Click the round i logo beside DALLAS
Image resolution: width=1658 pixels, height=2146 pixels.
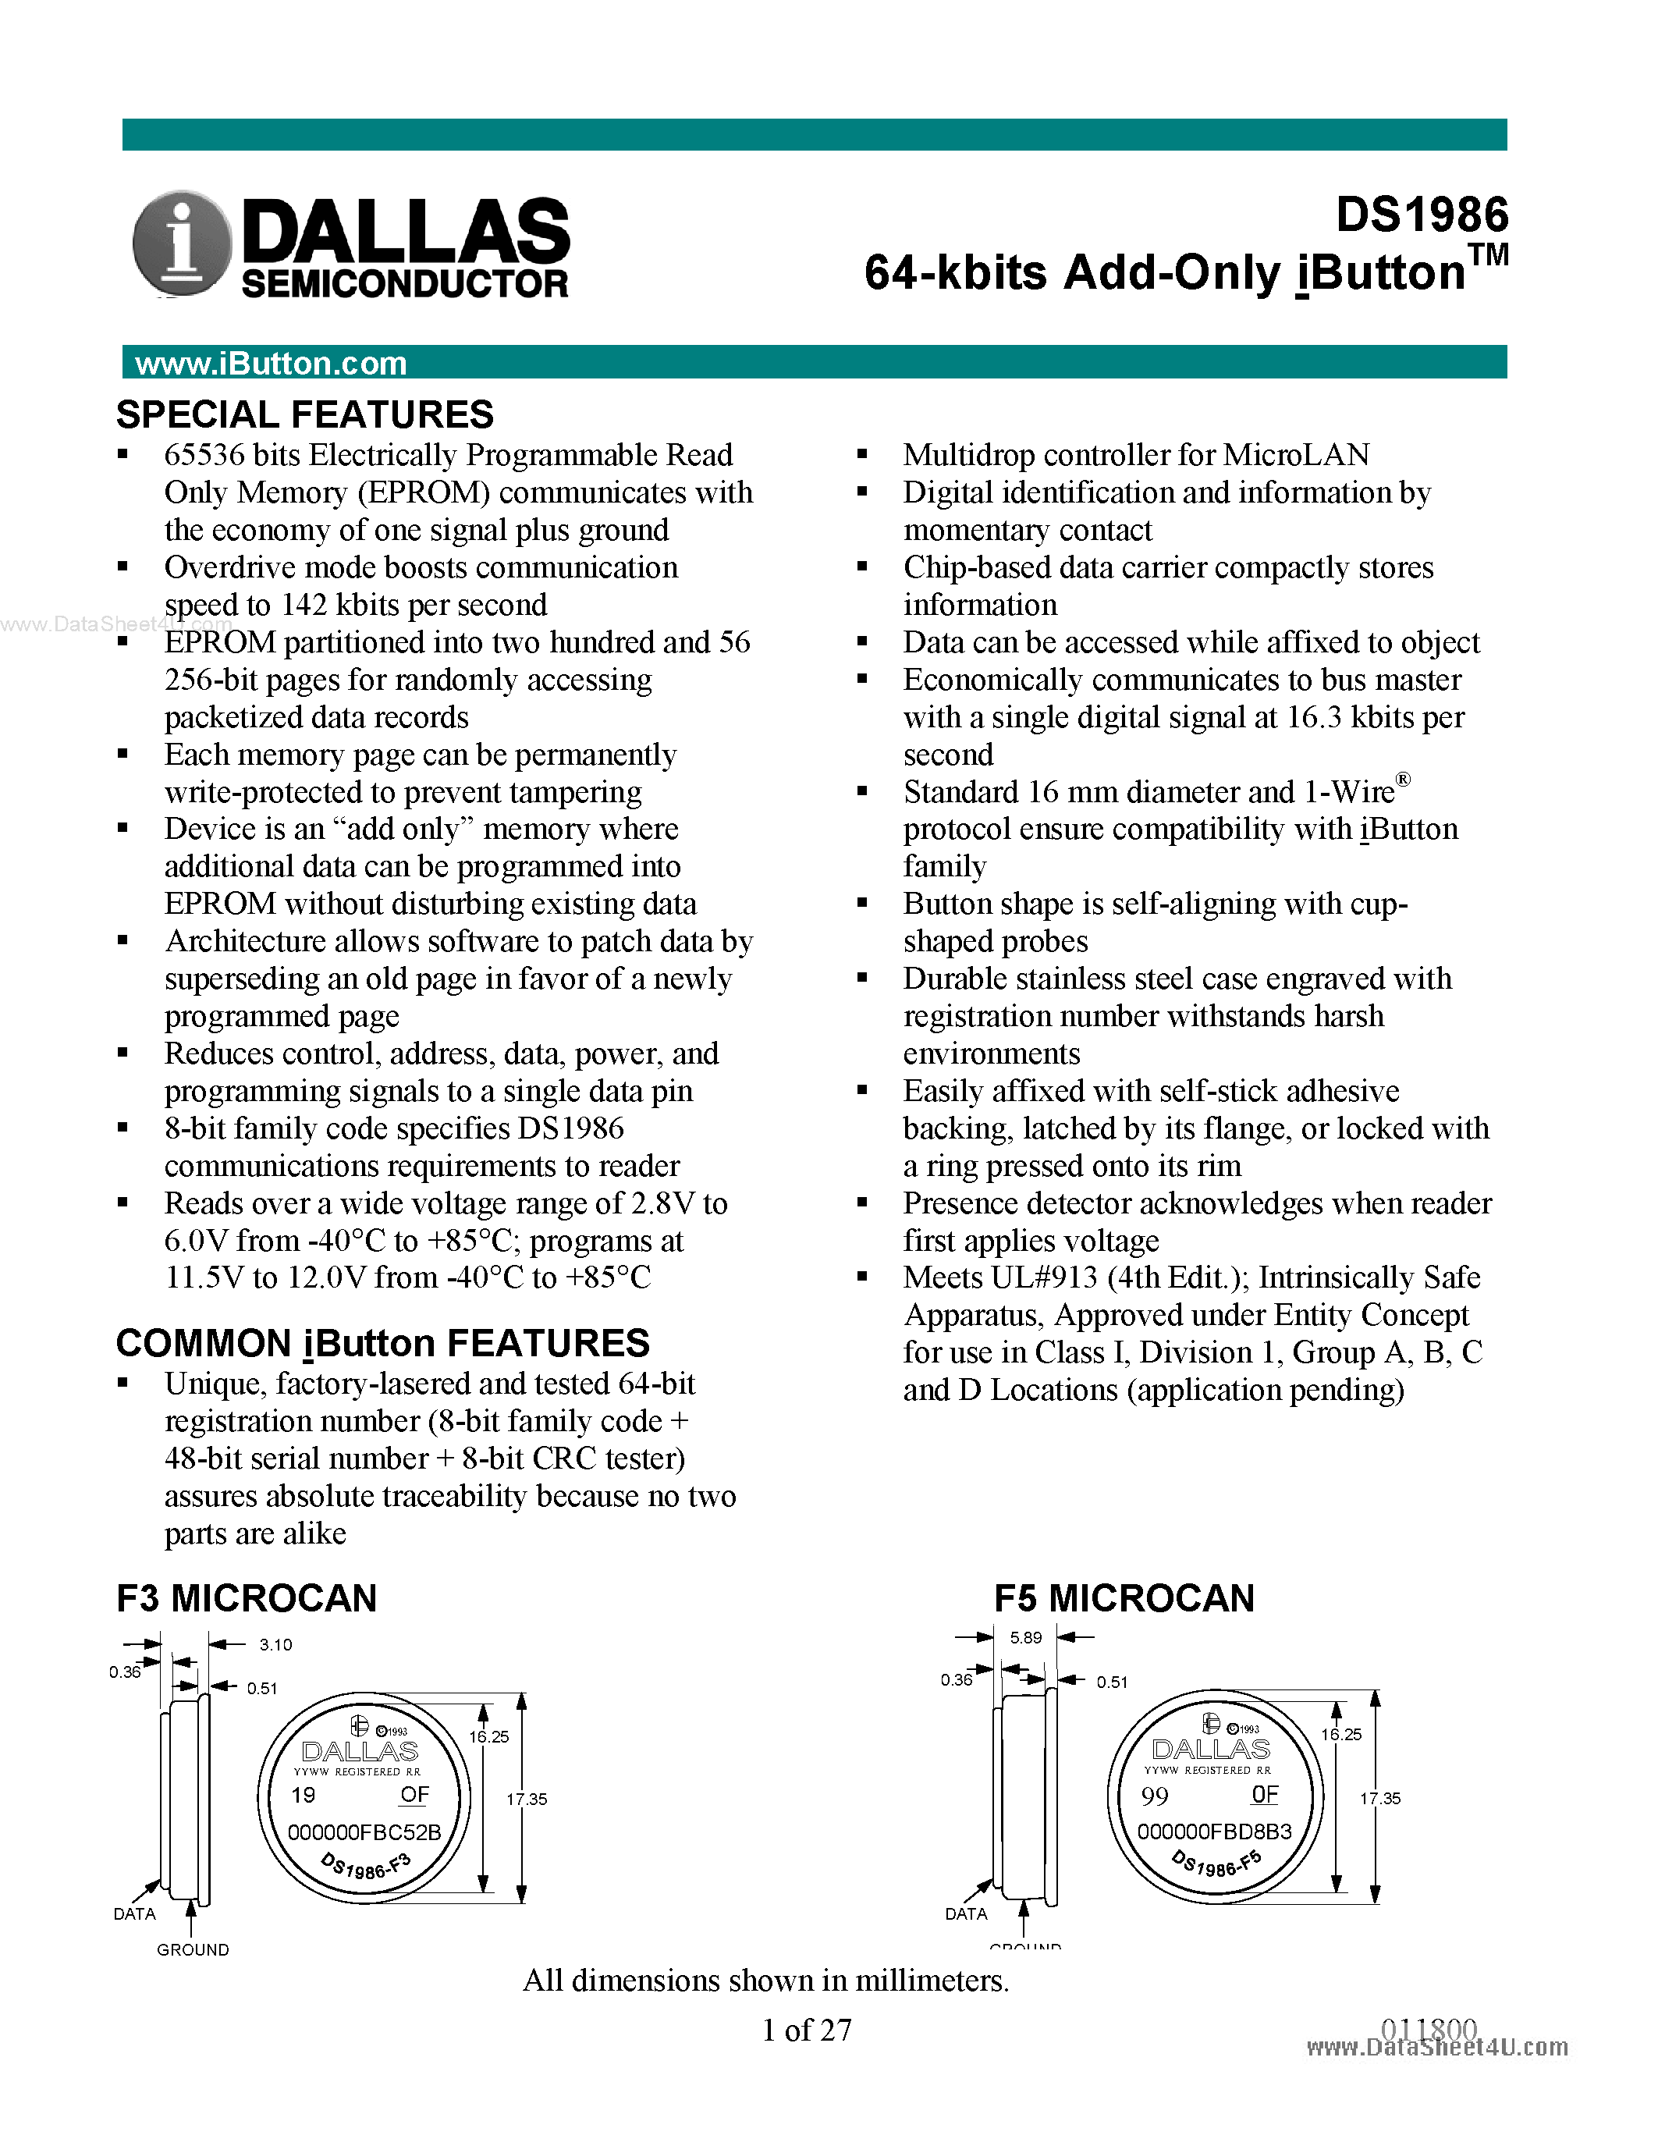[x=181, y=243]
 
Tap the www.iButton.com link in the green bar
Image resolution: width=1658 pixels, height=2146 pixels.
[x=270, y=364]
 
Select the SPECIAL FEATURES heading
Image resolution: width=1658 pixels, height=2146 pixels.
[x=304, y=414]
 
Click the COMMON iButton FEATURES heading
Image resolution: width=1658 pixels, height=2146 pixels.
[x=382, y=1343]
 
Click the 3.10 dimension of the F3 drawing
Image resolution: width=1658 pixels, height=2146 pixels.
[x=275, y=1645]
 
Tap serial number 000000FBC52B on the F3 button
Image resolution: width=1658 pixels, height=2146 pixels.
[x=364, y=1832]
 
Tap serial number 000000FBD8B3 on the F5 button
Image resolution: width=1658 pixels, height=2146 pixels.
[x=1214, y=1832]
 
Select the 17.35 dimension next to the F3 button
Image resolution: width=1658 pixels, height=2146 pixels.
[x=527, y=1800]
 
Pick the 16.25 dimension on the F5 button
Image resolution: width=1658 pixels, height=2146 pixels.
[x=1340, y=1734]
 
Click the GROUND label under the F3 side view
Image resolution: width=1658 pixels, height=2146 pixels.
[x=193, y=1949]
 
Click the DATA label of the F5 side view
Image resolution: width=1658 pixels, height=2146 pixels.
[x=965, y=1914]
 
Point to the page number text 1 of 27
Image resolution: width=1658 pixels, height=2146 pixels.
[x=807, y=2030]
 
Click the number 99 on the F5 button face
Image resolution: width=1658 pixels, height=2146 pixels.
[x=1154, y=1796]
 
